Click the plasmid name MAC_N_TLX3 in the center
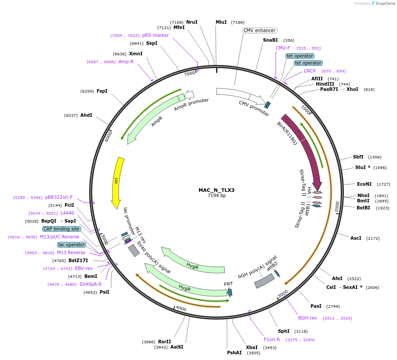217,190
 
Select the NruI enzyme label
192,22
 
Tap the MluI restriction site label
221,22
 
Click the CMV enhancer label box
260,31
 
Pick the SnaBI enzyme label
271,40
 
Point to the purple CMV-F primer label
283,48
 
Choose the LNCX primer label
310,71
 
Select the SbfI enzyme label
358,157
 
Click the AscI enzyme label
356,238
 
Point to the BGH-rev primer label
307,318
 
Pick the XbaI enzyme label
252,347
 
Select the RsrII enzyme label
165,342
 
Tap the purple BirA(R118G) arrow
303,149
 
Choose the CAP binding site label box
61,229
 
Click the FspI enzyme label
102,91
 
